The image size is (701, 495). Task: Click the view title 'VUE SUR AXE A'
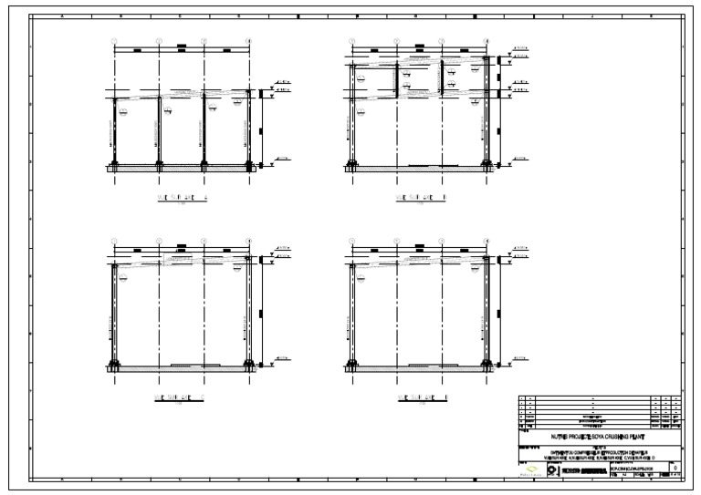(x=183, y=197)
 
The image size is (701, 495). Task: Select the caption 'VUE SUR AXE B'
(x=421, y=197)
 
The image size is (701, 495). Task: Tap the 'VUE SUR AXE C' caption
(x=183, y=398)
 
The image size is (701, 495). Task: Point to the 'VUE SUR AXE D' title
(x=421, y=398)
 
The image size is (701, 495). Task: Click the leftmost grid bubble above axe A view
(x=115, y=40)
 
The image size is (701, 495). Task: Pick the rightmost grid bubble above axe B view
(x=487, y=40)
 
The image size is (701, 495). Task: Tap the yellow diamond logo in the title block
(x=531, y=469)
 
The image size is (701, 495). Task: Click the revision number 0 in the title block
(x=675, y=468)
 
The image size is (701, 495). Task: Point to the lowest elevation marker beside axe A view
(x=279, y=165)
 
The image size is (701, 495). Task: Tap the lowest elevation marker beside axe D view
(x=519, y=362)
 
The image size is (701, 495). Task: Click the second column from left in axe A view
(x=160, y=132)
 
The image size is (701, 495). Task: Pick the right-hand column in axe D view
(x=487, y=315)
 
